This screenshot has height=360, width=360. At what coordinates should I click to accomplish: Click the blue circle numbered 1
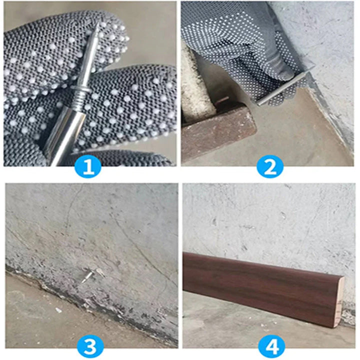(x=88, y=166)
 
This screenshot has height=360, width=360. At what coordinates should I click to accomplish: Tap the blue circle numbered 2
(x=270, y=166)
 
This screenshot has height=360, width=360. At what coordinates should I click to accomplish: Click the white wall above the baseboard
(x=270, y=220)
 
